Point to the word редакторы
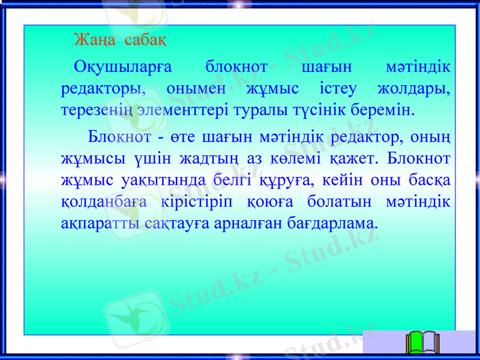point(103,89)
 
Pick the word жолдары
point(414,89)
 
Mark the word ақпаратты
point(101,224)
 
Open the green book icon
point(423,343)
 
